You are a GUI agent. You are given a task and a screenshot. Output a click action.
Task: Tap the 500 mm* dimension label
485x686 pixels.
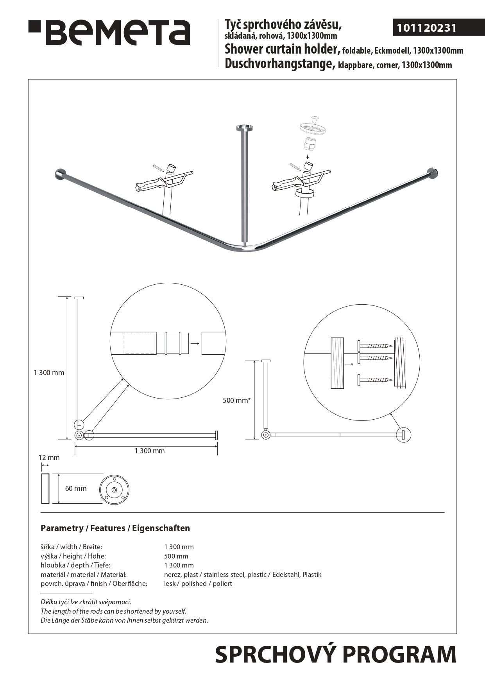tap(236, 400)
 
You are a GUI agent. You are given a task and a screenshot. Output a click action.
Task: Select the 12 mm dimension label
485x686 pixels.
tap(49, 457)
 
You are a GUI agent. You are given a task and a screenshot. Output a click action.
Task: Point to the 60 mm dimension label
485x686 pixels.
tap(75, 488)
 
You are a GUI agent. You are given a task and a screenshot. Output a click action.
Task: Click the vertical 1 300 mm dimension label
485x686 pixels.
tap(49, 373)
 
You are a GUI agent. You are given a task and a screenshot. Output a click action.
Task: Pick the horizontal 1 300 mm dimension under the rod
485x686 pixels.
tap(149, 451)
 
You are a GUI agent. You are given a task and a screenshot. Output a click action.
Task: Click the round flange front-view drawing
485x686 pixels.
tap(114, 490)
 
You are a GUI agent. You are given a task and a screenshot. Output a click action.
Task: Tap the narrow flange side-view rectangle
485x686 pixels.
tap(45, 488)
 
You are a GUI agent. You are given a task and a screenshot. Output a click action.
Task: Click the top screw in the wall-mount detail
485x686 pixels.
tap(374, 346)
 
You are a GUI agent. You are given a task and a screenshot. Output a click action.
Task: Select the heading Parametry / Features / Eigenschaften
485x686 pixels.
tap(115, 528)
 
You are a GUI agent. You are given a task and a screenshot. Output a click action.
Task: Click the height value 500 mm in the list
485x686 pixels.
tap(176, 556)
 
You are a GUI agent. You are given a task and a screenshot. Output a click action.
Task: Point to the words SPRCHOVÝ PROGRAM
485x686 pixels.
tap(335, 655)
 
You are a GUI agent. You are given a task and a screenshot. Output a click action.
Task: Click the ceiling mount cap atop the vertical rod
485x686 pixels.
tap(245, 128)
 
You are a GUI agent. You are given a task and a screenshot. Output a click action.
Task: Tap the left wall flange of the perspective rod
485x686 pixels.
tap(61, 174)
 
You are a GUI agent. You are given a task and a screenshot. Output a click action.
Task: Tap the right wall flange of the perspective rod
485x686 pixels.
tap(433, 173)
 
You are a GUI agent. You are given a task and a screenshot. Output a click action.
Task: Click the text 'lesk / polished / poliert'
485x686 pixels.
tap(198, 584)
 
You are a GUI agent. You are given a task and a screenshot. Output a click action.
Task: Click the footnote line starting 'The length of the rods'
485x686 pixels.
tap(113, 611)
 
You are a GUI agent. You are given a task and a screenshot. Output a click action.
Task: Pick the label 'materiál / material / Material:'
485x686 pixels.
tap(84, 575)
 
